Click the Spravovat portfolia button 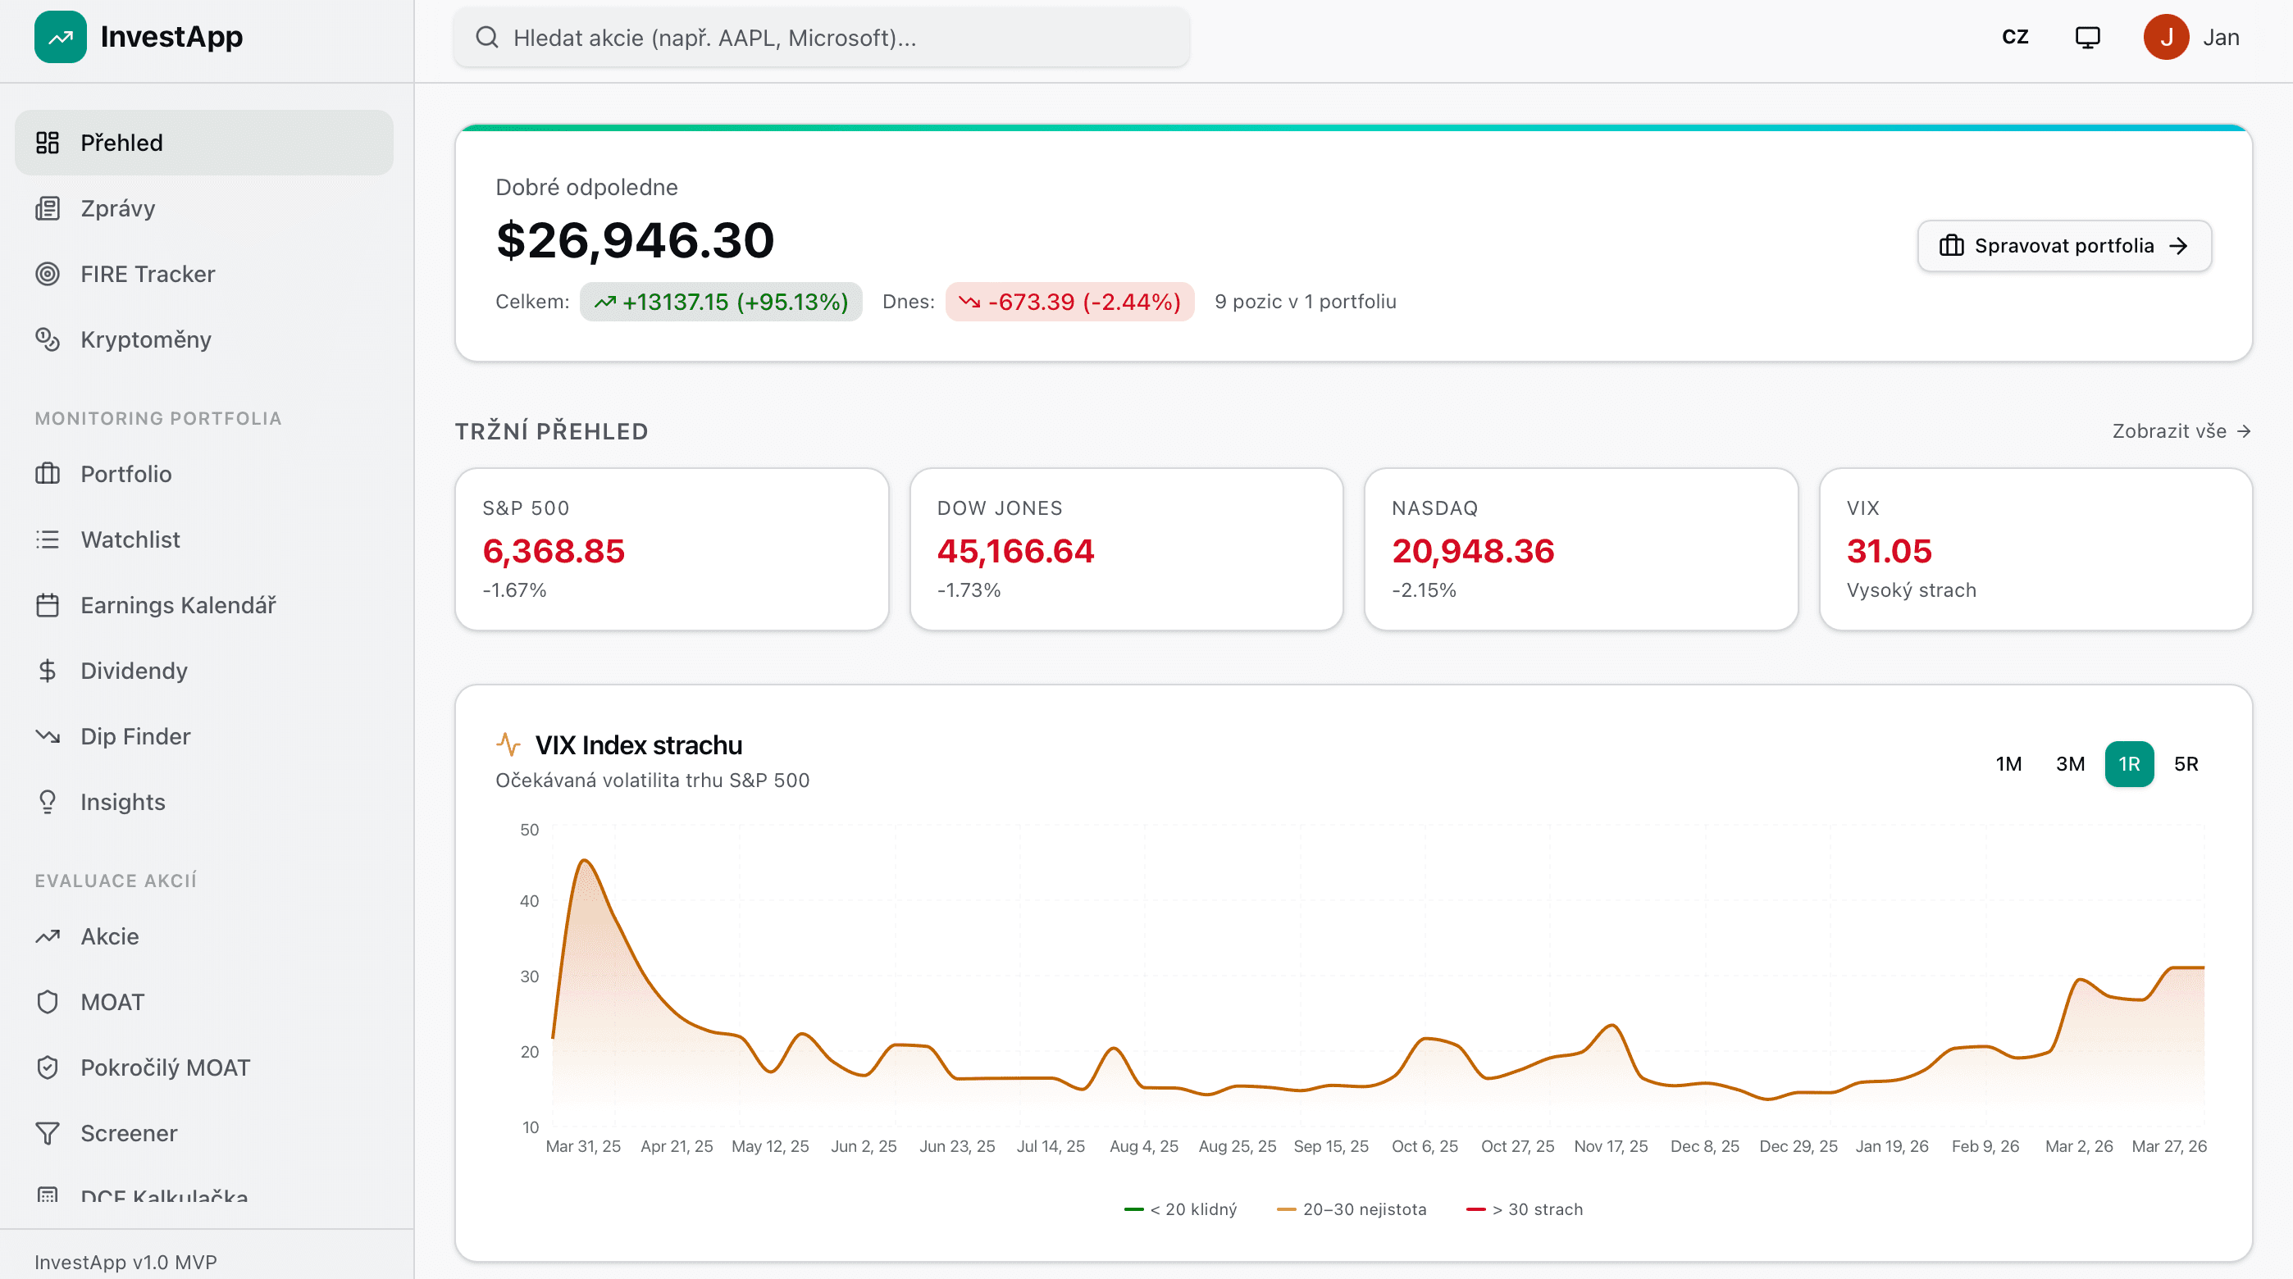tap(2063, 246)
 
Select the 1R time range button tap(2128, 763)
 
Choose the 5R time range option tap(2186, 763)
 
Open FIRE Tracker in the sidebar tap(148, 274)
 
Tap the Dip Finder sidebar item tap(135, 736)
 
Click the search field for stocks tap(821, 38)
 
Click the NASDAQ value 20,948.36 tap(1472, 551)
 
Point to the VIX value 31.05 tap(1889, 551)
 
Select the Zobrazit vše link tap(2180, 430)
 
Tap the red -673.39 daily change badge tap(1070, 302)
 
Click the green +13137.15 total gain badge tap(721, 302)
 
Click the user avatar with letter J tap(2166, 38)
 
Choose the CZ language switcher tap(2014, 38)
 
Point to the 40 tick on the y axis tap(530, 901)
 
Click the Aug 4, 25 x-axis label tap(1144, 1146)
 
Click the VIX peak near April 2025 tap(585, 861)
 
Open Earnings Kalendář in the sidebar tap(178, 605)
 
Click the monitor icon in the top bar tap(2087, 38)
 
